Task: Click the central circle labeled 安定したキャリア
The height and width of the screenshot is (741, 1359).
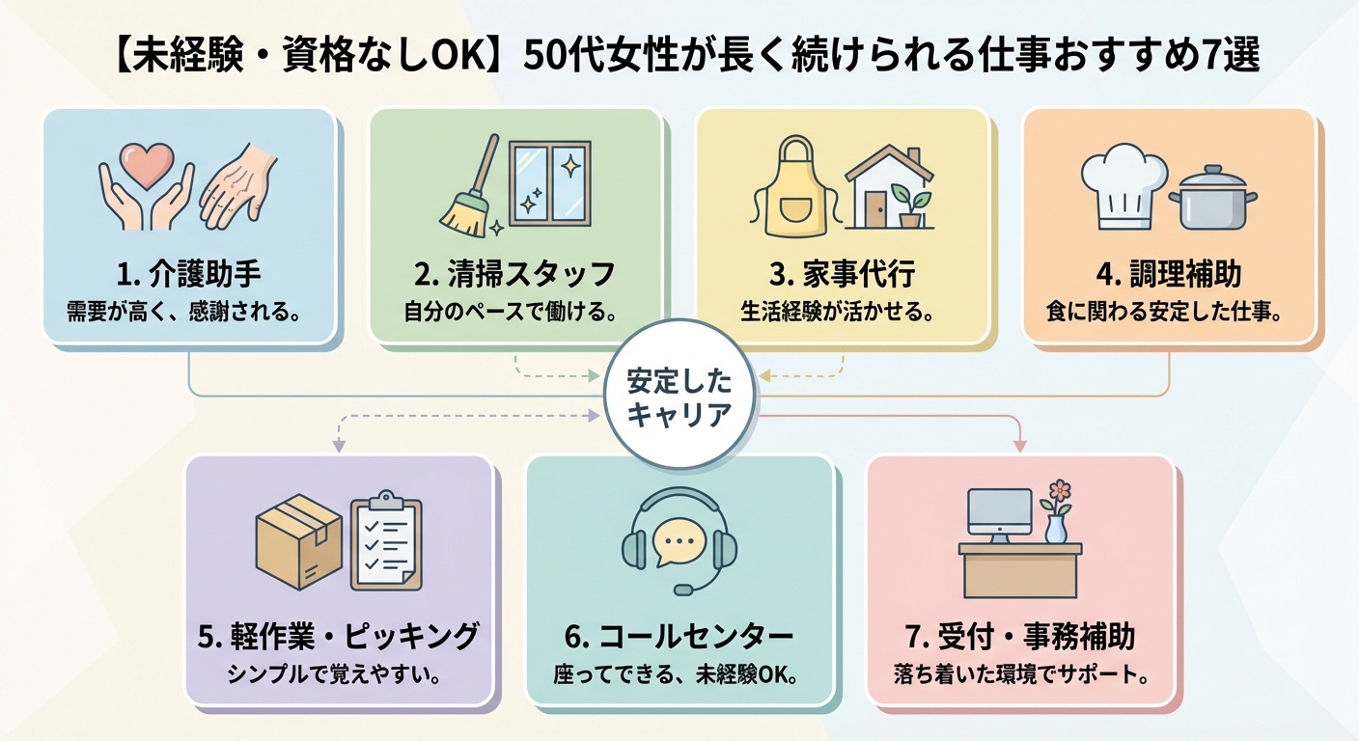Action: (679, 394)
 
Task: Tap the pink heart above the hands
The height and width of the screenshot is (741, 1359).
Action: (147, 168)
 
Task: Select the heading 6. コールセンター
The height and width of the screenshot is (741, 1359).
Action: (679, 636)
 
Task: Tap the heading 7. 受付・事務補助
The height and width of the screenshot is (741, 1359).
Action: (1020, 636)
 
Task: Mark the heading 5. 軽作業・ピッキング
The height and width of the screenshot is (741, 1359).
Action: (340, 636)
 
